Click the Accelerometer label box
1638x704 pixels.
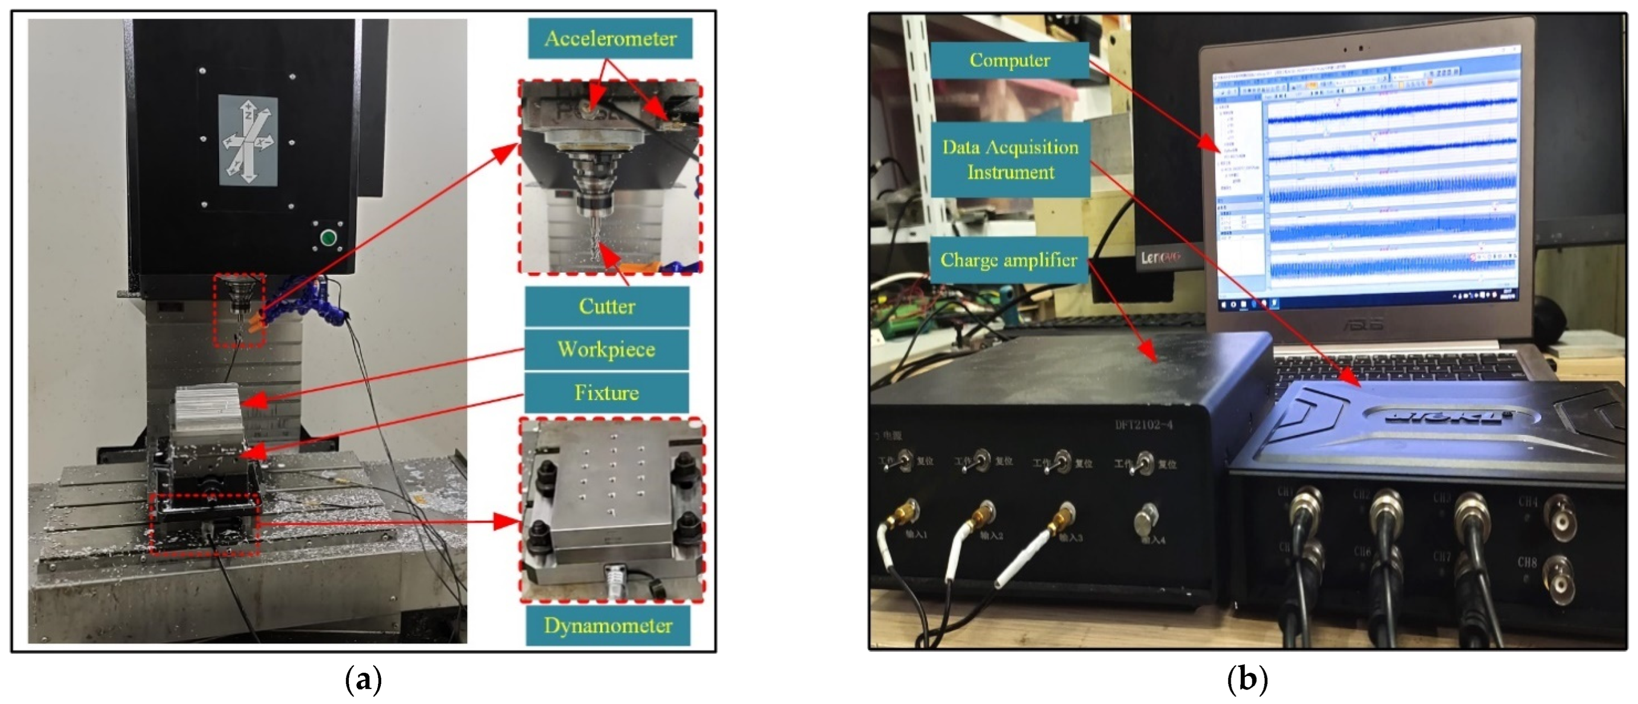click(x=610, y=39)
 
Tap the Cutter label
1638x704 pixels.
click(x=607, y=306)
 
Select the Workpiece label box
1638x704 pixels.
click(x=607, y=349)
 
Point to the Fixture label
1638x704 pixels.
click(x=607, y=393)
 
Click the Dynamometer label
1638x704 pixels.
click(x=608, y=626)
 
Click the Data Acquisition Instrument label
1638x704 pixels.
click(x=1010, y=160)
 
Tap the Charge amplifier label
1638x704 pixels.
click(x=1008, y=260)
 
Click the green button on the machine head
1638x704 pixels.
click(x=328, y=238)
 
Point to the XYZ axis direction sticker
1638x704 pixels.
click(x=248, y=141)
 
